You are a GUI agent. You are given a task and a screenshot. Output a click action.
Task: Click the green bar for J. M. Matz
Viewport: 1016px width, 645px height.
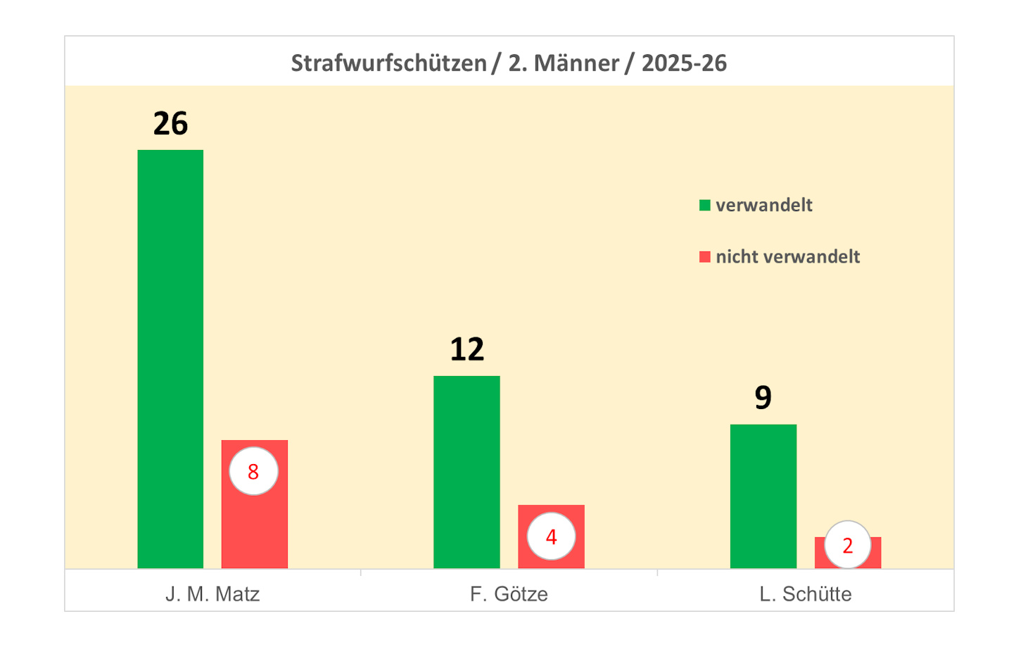[x=170, y=359]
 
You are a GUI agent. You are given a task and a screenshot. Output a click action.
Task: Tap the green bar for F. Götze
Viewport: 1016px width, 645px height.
[x=466, y=472]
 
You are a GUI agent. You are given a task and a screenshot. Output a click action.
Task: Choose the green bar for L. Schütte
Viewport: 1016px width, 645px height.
[x=763, y=496]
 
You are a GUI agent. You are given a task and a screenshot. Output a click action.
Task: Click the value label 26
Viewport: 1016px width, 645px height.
[x=170, y=124]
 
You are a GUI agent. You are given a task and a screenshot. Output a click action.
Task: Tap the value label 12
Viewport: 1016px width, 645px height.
[x=466, y=350]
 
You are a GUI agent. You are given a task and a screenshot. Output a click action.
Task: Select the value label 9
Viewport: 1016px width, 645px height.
[x=763, y=398]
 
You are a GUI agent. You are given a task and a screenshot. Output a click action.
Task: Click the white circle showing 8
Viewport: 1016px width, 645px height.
[x=253, y=471]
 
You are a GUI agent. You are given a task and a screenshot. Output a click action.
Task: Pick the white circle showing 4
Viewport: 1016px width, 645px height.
[x=551, y=537]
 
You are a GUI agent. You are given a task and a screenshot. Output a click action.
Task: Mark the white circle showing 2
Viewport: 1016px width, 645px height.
[x=847, y=545]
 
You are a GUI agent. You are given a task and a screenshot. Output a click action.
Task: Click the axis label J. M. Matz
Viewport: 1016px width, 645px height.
[x=212, y=594]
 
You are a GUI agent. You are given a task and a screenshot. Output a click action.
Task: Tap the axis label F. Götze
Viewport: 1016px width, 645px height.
[x=509, y=594]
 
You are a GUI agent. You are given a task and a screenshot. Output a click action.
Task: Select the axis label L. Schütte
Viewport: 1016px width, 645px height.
[x=806, y=594]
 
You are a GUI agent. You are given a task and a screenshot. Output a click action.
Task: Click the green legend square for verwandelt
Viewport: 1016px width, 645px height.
[x=704, y=206]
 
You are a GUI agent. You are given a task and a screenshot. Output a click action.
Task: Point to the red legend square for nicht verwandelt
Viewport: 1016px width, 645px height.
[x=704, y=257]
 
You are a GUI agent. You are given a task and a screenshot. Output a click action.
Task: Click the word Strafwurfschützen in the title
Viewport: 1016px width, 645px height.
[x=388, y=63]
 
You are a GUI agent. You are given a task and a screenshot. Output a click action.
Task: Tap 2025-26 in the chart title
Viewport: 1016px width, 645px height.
[x=684, y=63]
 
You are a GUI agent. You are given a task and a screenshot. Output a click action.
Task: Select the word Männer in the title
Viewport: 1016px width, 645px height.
[x=576, y=63]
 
